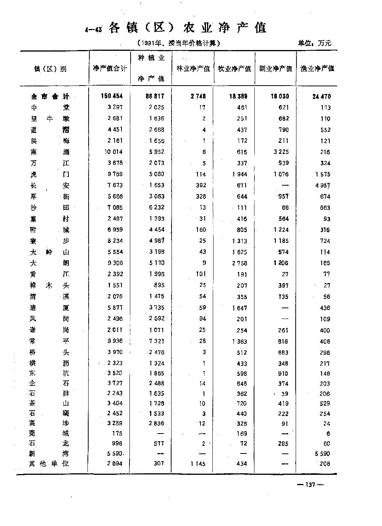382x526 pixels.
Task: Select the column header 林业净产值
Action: [193, 69]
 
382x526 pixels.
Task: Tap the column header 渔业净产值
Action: [317, 69]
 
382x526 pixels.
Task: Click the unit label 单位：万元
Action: [314, 44]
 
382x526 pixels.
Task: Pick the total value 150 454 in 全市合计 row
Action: [112, 96]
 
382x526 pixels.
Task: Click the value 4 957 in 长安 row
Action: [322, 186]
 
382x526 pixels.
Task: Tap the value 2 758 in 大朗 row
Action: [239, 263]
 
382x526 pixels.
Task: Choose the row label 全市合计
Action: [50, 97]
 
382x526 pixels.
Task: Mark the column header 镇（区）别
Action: [50, 69]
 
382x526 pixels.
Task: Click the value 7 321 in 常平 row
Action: [156, 341]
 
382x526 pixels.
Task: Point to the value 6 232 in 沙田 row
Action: [156, 207]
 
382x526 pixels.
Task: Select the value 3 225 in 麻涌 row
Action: [281, 152]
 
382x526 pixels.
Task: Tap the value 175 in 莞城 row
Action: [117, 433]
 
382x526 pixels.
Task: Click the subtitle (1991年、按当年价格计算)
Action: [178, 44]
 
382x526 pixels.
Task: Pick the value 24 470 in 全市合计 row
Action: [321, 97]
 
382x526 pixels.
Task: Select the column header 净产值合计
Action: [110, 69]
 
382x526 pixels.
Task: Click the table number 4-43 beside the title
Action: [94, 30]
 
